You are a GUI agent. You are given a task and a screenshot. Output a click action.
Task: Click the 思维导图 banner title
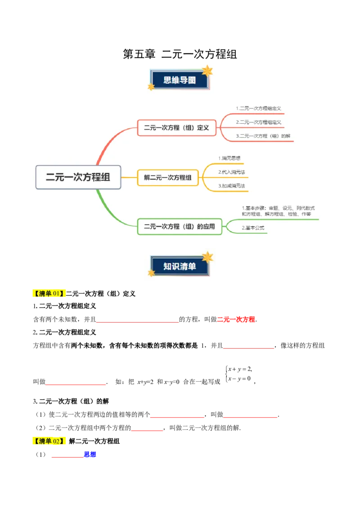click(180, 80)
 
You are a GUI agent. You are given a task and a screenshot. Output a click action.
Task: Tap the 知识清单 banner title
click(180, 266)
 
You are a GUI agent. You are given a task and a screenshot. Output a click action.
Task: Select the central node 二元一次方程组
click(78, 177)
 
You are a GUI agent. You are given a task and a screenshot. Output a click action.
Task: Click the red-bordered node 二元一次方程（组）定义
click(176, 128)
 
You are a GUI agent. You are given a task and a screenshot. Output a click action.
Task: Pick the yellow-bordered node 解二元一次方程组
click(168, 178)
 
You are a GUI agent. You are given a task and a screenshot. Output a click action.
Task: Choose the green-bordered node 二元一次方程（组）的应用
click(180, 227)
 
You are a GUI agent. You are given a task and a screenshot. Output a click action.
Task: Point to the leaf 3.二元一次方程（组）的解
click(263, 136)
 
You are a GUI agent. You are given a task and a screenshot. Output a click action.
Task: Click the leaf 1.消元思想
click(229, 158)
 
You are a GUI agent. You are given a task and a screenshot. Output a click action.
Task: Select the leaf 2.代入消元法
click(232, 172)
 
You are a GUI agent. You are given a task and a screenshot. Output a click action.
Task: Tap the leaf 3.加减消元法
click(232, 186)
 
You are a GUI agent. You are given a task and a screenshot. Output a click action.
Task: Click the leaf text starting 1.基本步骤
click(278, 211)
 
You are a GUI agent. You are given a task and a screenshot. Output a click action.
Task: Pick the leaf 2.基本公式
click(253, 228)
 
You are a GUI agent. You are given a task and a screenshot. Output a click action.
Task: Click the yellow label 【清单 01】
click(50, 294)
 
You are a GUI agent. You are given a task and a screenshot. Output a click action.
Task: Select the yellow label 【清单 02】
click(50, 441)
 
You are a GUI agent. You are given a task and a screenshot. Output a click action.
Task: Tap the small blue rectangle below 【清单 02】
click(90, 455)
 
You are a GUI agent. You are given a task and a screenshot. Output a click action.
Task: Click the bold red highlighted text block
click(236, 319)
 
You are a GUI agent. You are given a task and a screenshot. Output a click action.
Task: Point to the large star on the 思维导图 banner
click(207, 71)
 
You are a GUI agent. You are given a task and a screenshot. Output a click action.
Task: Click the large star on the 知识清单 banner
click(207, 257)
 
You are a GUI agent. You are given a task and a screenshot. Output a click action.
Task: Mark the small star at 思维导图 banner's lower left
click(151, 87)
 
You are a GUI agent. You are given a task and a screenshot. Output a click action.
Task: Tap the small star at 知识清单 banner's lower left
click(151, 273)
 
